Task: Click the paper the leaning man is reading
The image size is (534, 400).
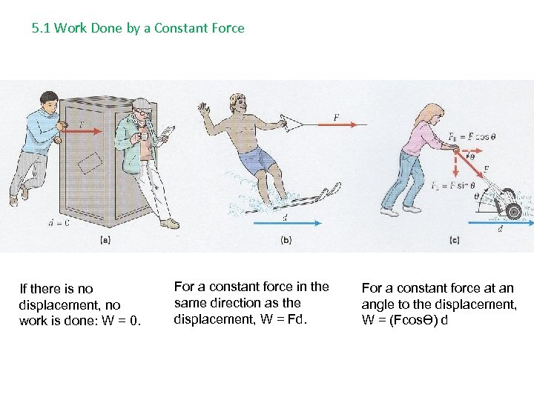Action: (x=167, y=134)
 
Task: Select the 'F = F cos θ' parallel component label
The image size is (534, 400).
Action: (x=472, y=138)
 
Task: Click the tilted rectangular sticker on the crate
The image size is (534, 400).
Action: (x=90, y=163)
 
